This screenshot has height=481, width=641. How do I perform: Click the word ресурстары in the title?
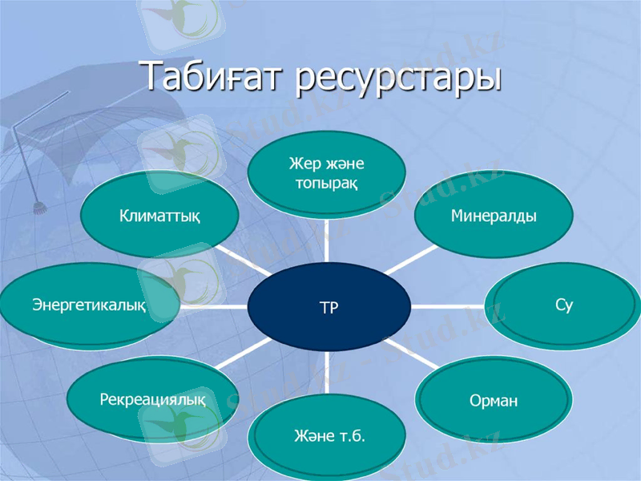pos(398,79)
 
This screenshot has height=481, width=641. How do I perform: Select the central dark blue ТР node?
pos(329,307)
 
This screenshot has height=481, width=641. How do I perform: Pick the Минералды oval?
pos(493,216)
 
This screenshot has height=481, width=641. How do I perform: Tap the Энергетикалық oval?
pos(89,305)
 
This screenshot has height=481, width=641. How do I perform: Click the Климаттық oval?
pos(159,216)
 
